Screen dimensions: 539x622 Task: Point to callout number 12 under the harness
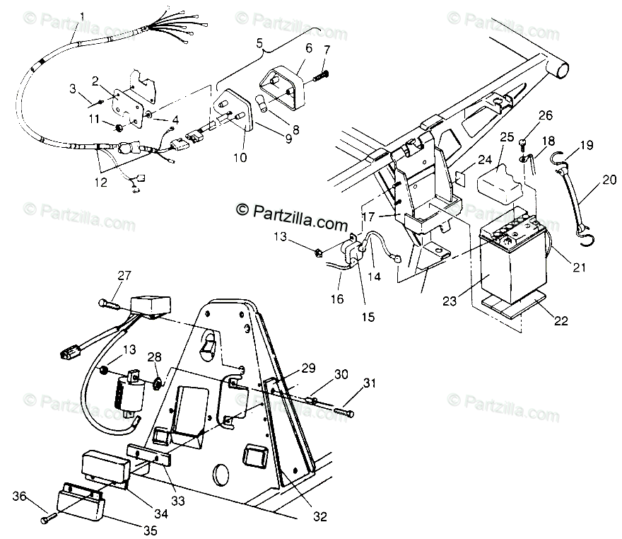pos(102,182)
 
